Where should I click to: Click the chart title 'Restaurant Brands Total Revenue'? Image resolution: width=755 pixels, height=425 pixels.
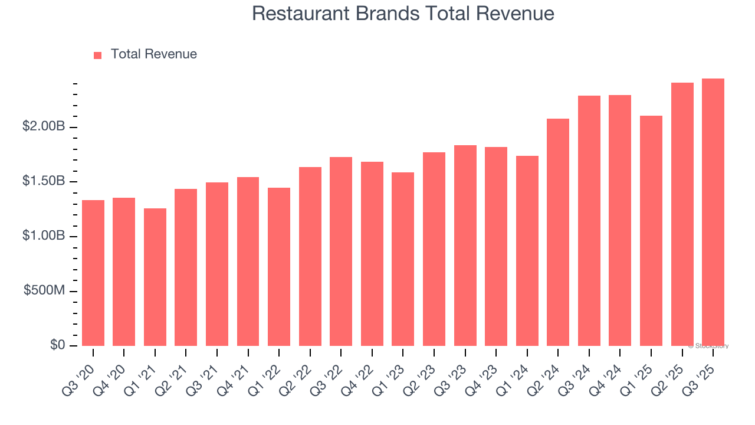(403, 14)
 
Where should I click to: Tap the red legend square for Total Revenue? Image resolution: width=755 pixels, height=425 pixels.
(98, 55)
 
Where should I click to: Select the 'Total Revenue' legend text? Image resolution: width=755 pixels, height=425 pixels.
(153, 54)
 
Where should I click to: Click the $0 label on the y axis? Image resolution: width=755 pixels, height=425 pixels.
(57, 345)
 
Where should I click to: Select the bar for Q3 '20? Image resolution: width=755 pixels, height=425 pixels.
(93, 273)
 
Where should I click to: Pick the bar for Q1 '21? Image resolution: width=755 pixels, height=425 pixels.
(155, 277)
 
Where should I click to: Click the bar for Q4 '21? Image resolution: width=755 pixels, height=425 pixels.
(248, 261)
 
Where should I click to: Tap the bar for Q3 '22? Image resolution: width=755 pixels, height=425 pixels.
(341, 251)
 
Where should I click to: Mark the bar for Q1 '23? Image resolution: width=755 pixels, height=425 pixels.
(403, 259)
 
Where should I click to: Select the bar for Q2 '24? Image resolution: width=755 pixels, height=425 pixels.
(558, 232)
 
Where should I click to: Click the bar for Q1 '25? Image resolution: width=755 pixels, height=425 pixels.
(651, 231)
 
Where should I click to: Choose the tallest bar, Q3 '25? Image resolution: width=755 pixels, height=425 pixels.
(713, 212)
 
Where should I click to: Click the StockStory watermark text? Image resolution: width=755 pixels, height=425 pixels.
(708, 346)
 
